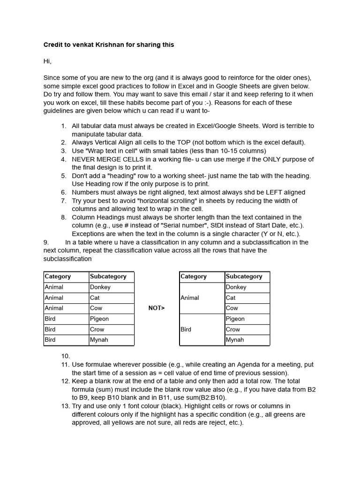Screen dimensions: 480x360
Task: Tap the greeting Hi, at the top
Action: pyautogui.click(x=47, y=61)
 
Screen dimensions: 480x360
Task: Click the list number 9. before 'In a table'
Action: pyautogui.click(x=46, y=242)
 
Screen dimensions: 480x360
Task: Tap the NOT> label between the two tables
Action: pyautogui.click(x=157, y=308)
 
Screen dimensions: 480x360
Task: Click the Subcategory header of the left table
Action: pyautogui.click(x=108, y=277)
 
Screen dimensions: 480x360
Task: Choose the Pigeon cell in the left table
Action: pyautogui.click(x=99, y=319)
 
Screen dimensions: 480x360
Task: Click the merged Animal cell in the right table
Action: pyautogui.click(x=190, y=298)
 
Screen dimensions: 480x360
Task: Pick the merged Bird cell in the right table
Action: pyautogui.click(x=186, y=329)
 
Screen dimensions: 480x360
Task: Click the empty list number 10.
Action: pyautogui.click(x=65, y=356)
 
